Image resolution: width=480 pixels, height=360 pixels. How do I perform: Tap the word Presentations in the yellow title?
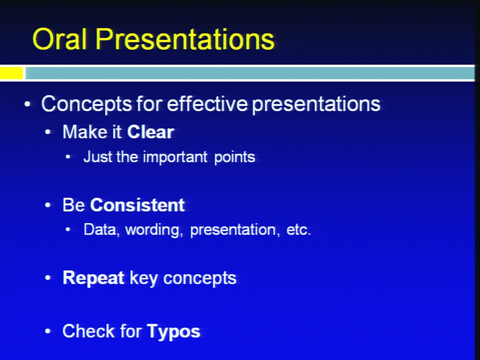pyautogui.click(x=185, y=39)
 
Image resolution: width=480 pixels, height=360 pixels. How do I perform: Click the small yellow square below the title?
pyautogui.click(x=11, y=73)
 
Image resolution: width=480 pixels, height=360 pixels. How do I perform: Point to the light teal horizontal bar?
pyautogui.click(x=249, y=73)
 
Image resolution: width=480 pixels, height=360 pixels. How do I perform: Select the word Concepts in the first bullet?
pyautogui.click(x=86, y=104)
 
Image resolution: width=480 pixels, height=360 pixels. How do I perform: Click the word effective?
pyautogui.click(x=207, y=103)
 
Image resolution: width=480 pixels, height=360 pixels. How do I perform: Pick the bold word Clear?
pyautogui.click(x=150, y=132)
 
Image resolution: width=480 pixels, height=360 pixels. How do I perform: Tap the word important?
pyautogui.click(x=175, y=157)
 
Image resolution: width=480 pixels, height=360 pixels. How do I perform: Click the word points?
pyautogui.click(x=234, y=157)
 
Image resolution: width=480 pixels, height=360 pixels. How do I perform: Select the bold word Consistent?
pyautogui.click(x=137, y=205)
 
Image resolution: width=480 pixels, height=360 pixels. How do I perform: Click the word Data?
pyautogui.click(x=100, y=230)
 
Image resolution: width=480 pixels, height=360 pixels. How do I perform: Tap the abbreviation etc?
pyautogui.click(x=298, y=230)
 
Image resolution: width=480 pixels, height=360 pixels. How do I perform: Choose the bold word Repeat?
pyautogui.click(x=93, y=278)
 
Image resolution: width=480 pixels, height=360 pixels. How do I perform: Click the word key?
pyautogui.click(x=143, y=278)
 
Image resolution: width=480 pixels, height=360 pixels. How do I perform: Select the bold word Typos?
pyautogui.click(x=173, y=331)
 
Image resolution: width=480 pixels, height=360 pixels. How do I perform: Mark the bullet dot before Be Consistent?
pyautogui.click(x=47, y=205)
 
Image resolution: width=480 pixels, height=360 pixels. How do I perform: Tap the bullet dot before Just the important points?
pyautogui.click(x=68, y=157)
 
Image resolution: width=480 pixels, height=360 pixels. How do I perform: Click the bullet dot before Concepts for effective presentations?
pyautogui.click(x=27, y=104)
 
